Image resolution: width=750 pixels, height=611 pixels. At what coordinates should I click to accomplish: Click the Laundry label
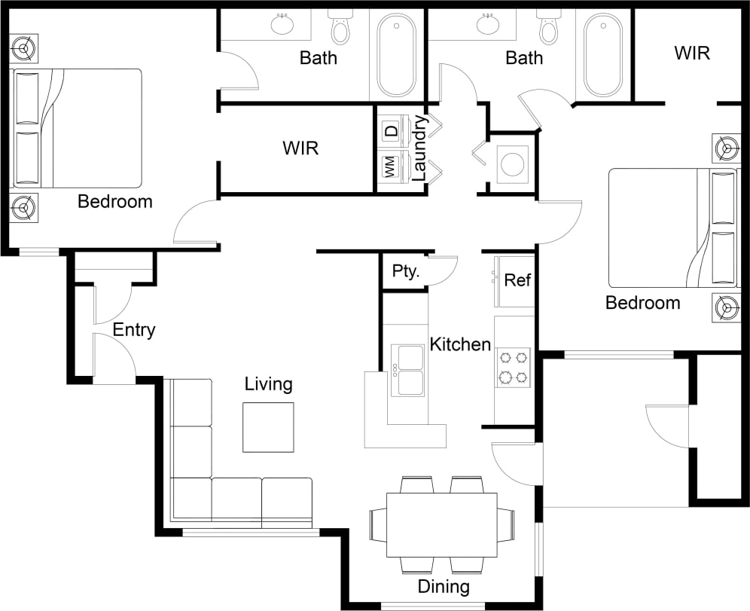(420, 148)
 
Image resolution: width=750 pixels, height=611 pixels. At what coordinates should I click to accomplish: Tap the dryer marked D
(391, 130)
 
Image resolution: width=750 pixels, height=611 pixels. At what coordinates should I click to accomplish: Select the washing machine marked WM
(391, 168)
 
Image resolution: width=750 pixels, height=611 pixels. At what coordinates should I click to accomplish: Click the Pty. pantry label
(406, 271)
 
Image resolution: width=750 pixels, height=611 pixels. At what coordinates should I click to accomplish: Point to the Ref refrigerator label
(517, 280)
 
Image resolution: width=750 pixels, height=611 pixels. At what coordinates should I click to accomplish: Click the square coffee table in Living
(268, 427)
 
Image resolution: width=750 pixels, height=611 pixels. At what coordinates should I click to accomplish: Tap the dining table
(441, 524)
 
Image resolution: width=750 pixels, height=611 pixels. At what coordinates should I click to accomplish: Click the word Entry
(134, 329)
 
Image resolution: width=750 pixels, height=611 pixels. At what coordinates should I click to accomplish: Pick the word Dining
(444, 587)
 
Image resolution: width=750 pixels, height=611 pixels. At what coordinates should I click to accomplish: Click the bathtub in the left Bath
(396, 55)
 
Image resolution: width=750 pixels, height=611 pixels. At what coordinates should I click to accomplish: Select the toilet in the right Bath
(549, 28)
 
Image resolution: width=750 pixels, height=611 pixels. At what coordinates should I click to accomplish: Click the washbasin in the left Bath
(283, 24)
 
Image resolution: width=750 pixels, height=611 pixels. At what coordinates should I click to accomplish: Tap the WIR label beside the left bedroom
(300, 148)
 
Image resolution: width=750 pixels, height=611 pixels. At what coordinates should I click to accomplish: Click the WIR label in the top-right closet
(692, 53)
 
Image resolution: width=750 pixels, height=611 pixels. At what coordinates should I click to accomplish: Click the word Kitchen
(460, 345)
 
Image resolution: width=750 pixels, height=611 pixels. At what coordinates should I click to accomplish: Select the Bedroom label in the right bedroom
(642, 303)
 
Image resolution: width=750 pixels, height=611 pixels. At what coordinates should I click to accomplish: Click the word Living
(268, 384)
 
